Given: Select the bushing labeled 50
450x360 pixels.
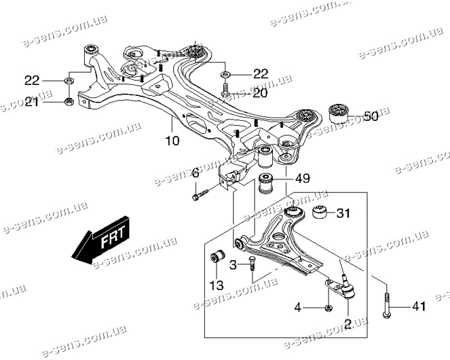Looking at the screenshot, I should (337, 113).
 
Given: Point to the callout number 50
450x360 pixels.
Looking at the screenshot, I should (370, 117).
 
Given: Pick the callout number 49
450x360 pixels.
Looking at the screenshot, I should (302, 179).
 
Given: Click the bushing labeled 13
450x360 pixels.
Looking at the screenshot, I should (217, 260).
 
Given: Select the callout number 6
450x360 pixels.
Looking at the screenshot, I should (195, 174).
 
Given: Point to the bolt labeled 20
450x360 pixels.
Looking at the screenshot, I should (225, 90).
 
